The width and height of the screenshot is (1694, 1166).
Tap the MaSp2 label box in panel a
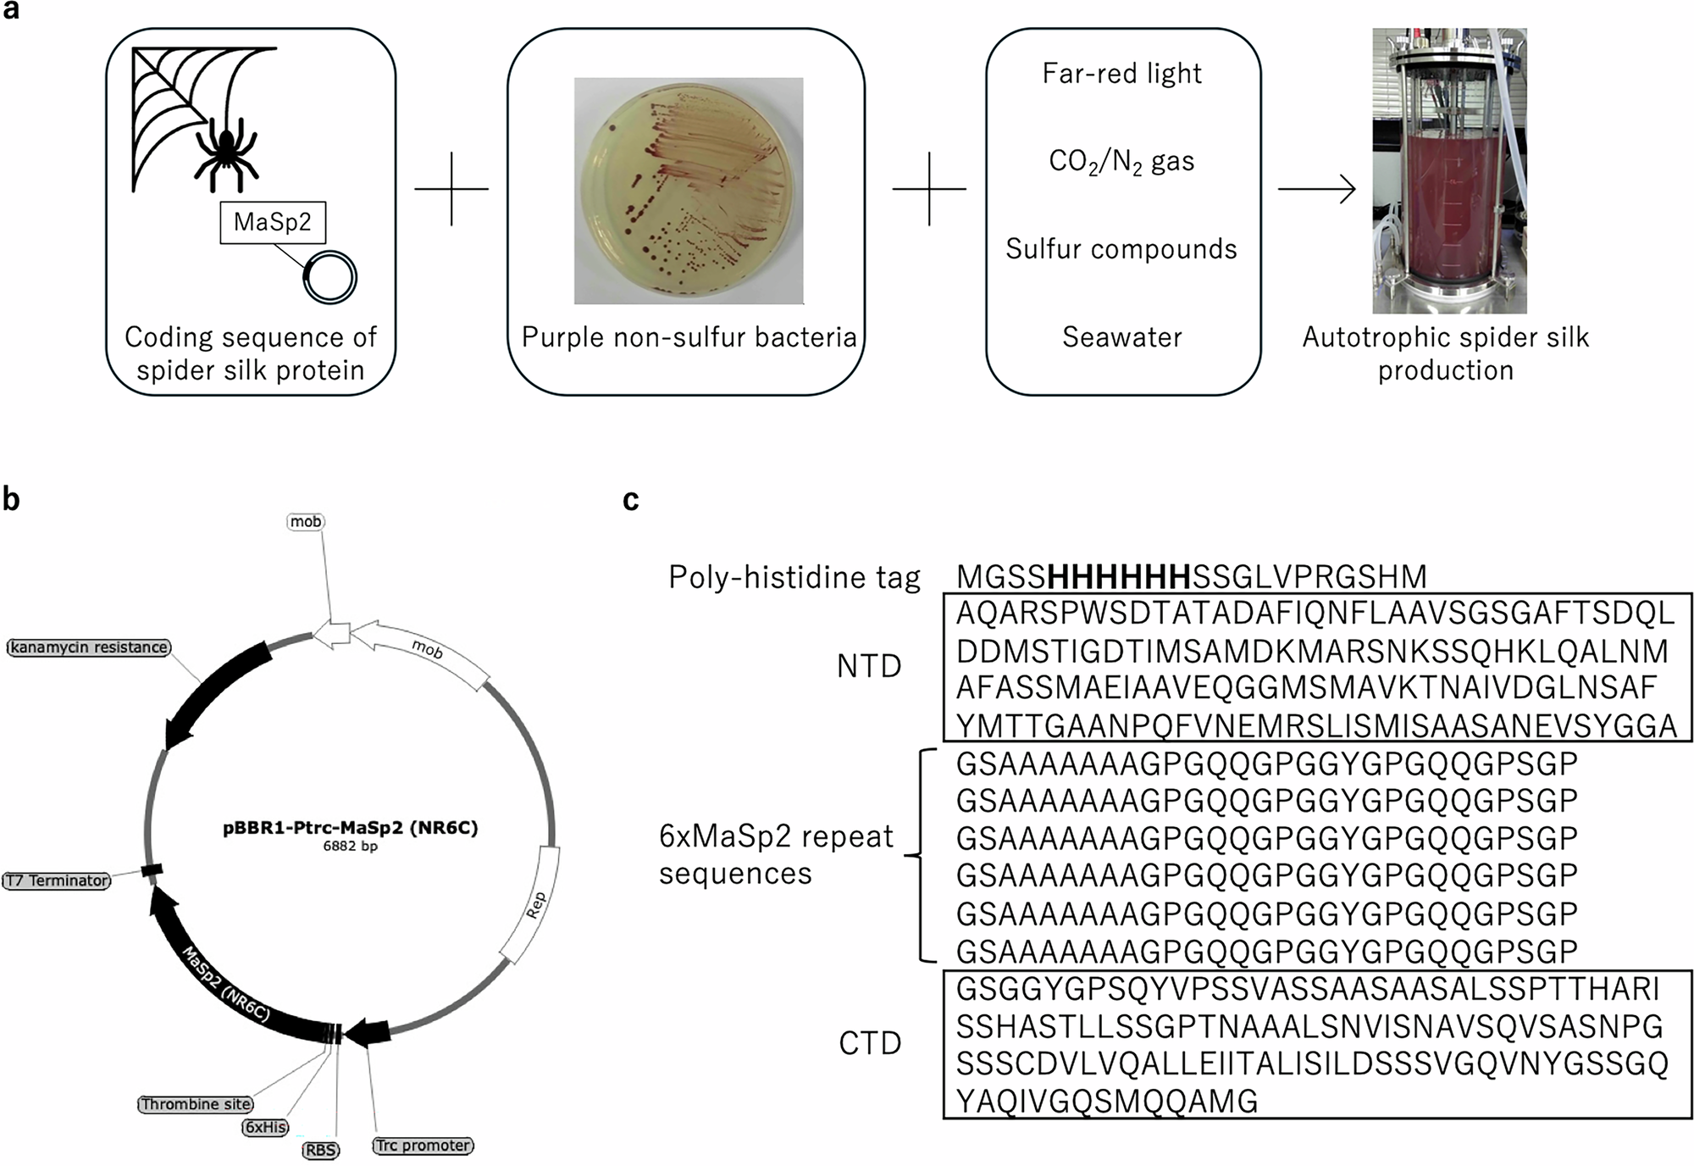(273, 223)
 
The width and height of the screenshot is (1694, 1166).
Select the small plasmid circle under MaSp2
(330, 277)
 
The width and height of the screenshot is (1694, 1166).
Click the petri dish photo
(689, 191)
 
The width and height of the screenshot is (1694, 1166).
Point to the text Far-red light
(1121, 74)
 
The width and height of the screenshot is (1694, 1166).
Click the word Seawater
(1121, 337)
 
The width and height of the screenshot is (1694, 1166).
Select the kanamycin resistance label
(89, 647)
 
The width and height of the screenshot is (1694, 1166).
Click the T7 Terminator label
(57, 880)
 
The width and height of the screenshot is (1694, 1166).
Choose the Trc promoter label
(423, 1146)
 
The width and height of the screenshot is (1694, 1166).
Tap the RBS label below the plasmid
(321, 1150)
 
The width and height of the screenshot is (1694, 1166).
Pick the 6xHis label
(265, 1127)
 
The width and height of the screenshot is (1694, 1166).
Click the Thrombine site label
(196, 1104)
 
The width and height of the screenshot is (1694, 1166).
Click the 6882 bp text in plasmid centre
(350, 846)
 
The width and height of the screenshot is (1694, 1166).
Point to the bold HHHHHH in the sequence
(1119, 577)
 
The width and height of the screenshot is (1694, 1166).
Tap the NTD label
(869, 667)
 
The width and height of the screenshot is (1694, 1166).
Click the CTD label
(870, 1043)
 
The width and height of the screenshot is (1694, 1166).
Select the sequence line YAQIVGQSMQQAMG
(1106, 1102)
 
